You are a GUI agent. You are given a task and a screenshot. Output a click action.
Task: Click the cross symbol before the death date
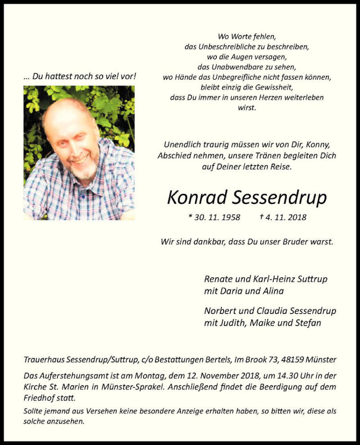point(261,216)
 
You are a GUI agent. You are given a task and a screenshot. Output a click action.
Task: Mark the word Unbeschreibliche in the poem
point(225,46)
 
